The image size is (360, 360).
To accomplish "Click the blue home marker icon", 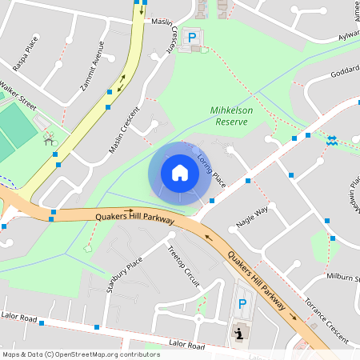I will pos(179,172).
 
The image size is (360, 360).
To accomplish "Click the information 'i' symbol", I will pos(238,331).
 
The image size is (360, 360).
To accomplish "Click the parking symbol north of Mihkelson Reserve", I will pos(191,37).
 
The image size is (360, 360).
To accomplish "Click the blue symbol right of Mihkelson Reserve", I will pos(331,140).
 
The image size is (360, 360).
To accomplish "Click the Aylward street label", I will pos(349,35).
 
